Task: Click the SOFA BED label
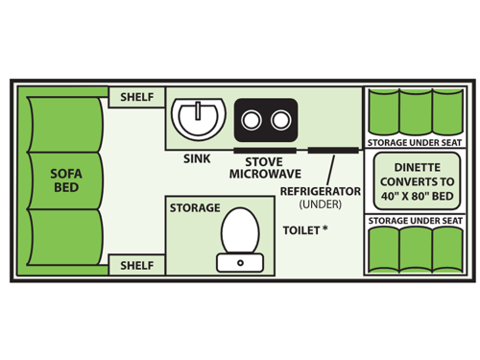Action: pos(66,180)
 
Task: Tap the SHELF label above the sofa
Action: pos(137,97)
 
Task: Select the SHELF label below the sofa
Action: pos(137,265)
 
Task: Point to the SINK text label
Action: pos(197,159)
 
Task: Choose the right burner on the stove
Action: pos(280,120)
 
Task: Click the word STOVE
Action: pos(263,161)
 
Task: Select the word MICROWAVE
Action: pos(265,175)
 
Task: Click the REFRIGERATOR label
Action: pos(320,191)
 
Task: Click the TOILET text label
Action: pos(304,231)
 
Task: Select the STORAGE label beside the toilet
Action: pos(195,207)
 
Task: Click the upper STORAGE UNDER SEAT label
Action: pos(415,142)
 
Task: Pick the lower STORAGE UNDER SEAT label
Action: pos(415,221)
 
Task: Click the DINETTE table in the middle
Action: pos(416,180)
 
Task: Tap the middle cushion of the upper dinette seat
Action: pos(417,112)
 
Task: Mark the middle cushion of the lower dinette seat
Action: pos(417,251)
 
